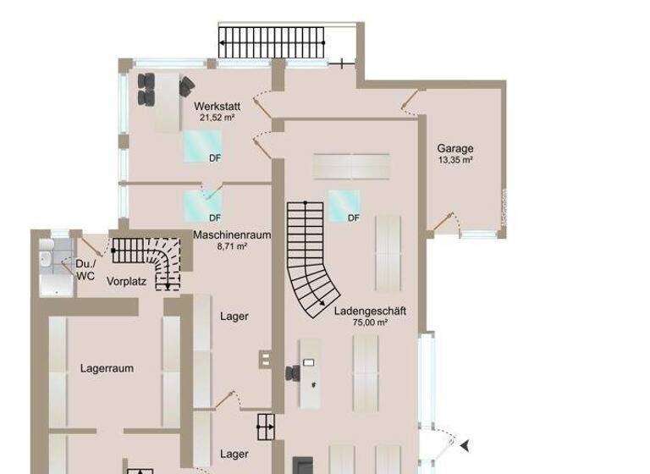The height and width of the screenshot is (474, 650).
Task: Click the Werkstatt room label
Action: click(218, 107)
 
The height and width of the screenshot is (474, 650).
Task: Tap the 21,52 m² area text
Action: click(218, 118)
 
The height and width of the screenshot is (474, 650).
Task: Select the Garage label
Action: click(455, 148)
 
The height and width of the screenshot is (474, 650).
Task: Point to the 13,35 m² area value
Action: click(455, 159)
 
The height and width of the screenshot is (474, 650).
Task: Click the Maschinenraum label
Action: click(232, 234)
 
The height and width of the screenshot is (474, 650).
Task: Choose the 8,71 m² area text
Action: click(232, 246)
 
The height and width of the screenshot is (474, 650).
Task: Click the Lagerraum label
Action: click(107, 368)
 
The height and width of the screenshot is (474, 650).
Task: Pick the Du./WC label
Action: click(85, 269)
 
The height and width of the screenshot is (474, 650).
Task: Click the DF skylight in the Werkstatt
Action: click(202, 146)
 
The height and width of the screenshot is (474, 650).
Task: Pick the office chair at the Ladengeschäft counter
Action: click(293, 372)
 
